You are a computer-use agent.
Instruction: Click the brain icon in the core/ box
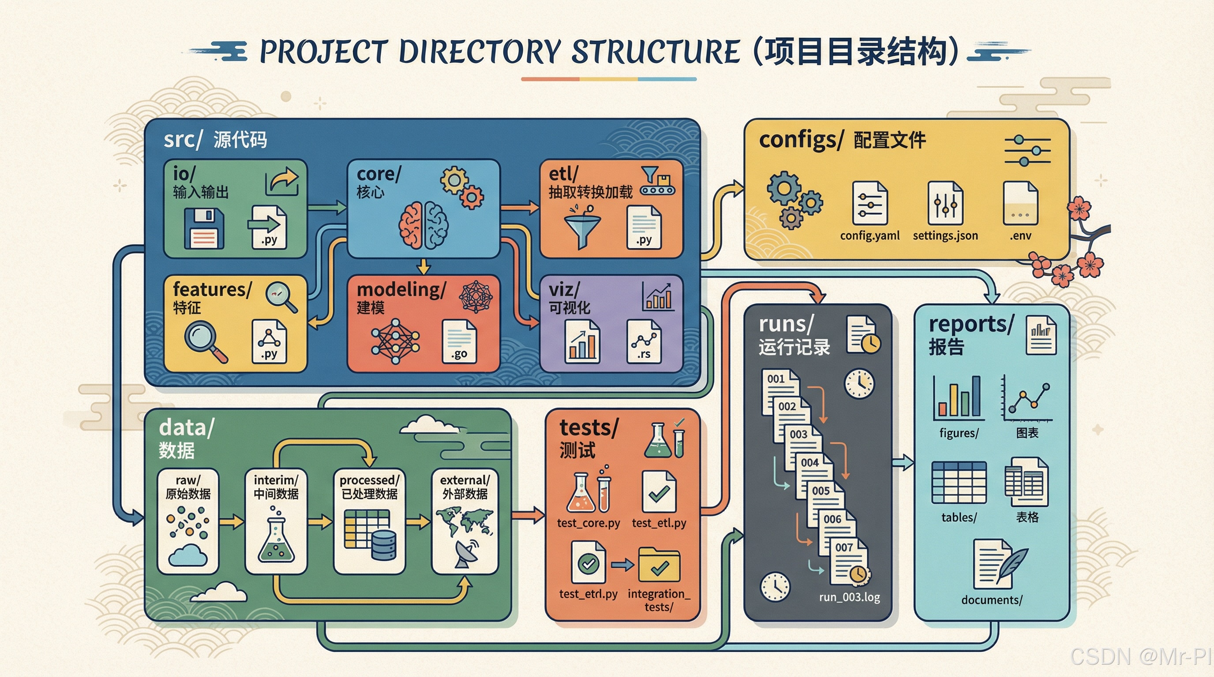(x=423, y=225)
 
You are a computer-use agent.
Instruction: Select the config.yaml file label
(x=869, y=235)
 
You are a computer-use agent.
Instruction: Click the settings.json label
(x=945, y=235)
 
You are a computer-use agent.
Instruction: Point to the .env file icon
(x=1020, y=203)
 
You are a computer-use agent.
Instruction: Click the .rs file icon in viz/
(x=644, y=341)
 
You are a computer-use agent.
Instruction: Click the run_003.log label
(x=849, y=597)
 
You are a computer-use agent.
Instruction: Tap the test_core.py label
(x=588, y=523)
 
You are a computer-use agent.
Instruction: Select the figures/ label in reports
(x=959, y=433)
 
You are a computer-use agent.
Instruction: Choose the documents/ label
(x=992, y=600)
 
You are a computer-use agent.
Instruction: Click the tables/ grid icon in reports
(x=959, y=483)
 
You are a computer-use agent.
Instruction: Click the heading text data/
(x=187, y=428)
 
